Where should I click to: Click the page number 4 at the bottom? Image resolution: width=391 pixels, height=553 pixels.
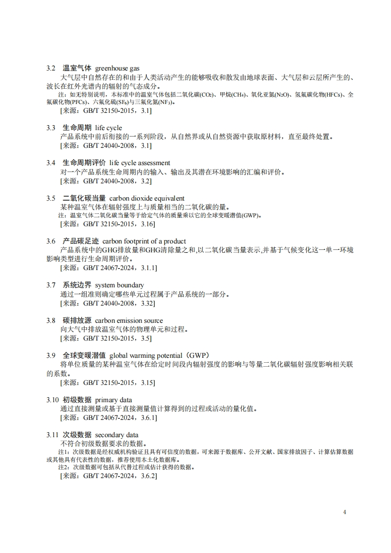pyautogui.click(x=345, y=512)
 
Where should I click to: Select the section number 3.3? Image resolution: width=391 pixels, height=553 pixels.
pyautogui.click(x=51, y=128)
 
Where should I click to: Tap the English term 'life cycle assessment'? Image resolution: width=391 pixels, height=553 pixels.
pyautogui.click(x=140, y=163)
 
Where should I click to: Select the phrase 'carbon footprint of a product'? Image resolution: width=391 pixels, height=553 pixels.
pyautogui.click(x=144, y=241)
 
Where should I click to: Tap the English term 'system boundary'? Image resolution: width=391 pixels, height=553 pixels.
pyautogui.click(x=119, y=285)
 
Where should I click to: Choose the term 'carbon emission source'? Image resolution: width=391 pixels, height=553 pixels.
pyautogui.click(x=129, y=320)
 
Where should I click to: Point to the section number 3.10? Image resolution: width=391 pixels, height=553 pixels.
pyautogui.click(x=53, y=399)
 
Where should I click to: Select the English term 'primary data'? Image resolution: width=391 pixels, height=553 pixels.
pyautogui.click(x=113, y=399)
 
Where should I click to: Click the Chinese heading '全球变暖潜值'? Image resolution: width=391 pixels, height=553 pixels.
pyautogui.click(x=84, y=355)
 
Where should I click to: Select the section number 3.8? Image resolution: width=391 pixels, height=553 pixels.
pyautogui.click(x=51, y=320)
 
